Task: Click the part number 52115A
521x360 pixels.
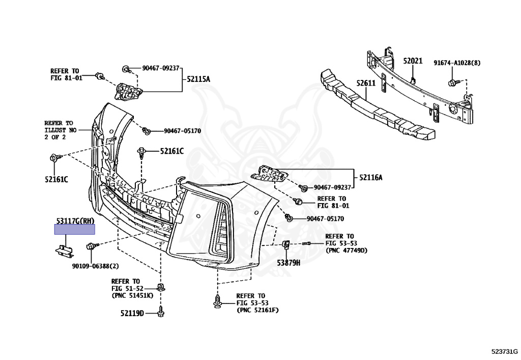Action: click(198, 79)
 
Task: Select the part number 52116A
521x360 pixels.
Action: click(371, 177)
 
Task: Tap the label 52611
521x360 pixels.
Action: click(365, 83)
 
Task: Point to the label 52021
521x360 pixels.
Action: click(413, 61)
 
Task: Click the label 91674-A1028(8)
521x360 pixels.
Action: click(457, 63)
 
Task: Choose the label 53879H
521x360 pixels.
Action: click(288, 263)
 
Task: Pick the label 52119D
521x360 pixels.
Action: click(132, 313)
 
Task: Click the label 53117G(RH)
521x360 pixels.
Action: click(75, 220)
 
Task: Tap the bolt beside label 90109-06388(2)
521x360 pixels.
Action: click(91, 246)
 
